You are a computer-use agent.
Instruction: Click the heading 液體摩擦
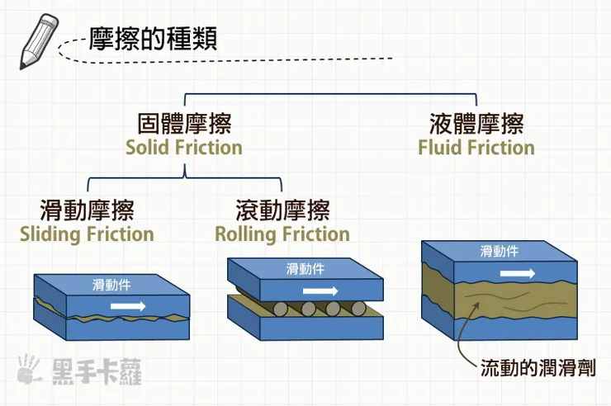(x=476, y=124)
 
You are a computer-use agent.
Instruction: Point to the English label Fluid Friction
(x=476, y=149)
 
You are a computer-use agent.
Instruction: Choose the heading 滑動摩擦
(x=87, y=210)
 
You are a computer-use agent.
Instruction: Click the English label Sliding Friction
(x=87, y=234)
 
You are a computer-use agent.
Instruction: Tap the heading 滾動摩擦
(x=282, y=210)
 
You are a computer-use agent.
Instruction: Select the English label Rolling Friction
(x=282, y=234)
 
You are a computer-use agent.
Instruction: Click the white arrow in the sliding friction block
(x=128, y=306)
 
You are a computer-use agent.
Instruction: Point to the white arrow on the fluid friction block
(x=518, y=271)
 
